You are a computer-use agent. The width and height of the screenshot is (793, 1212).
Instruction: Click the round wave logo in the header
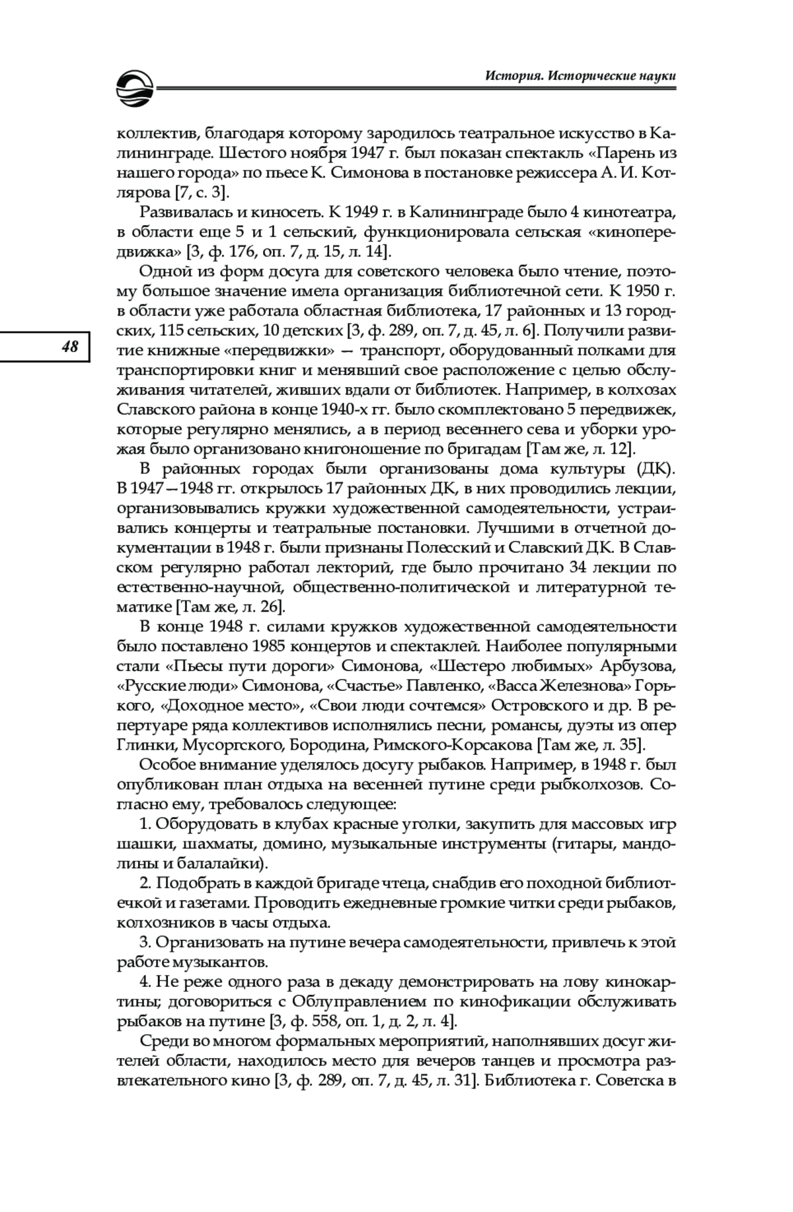point(133,89)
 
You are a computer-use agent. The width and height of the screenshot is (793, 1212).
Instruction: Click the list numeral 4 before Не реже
point(144,982)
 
